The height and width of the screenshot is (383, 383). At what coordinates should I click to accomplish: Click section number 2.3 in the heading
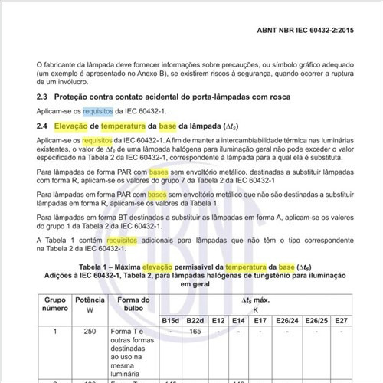pyautogui.click(x=43, y=97)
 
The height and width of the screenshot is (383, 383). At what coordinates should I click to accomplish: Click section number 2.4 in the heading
pyautogui.click(x=43, y=125)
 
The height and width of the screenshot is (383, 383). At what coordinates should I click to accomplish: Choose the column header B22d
pyautogui.click(x=195, y=319)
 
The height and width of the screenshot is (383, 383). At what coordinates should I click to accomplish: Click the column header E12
pyautogui.click(x=218, y=319)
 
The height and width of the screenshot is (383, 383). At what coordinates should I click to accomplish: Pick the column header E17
pyautogui.click(x=260, y=319)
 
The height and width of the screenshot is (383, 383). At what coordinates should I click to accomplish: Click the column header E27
pyautogui.click(x=352, y=319)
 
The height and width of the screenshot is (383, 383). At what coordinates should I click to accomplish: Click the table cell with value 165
pyautogui.click(x=195, y=331)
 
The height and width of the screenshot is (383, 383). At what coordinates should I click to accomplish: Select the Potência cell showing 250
pyautogui.click(x=90, y=331)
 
